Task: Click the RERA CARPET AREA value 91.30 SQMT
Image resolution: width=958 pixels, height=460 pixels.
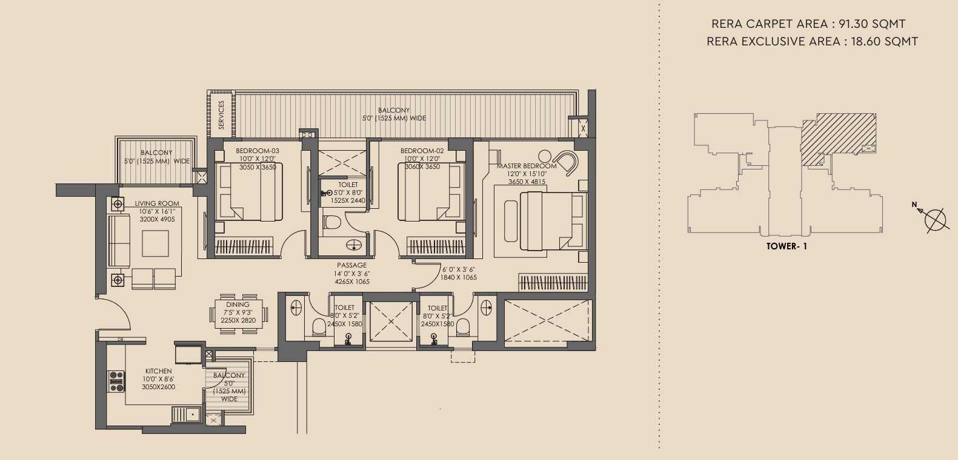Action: click(x=872, y=24)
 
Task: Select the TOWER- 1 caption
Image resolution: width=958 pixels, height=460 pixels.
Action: click(x=787, y=246)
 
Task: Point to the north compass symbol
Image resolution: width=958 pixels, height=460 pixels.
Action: click(x=933, y=218)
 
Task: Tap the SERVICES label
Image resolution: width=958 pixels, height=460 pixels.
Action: click(x=221, y=114)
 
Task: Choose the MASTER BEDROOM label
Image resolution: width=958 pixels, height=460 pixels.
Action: click(x=527, y=166)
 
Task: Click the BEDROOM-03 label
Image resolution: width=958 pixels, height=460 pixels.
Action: click(x=258, y=151)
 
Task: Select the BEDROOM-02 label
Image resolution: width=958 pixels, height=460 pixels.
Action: click(x=422, y=151)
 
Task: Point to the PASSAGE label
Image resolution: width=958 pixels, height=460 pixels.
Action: click(x=351, y=265)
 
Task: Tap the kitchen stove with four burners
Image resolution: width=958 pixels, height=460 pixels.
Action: click(x=116, y=381)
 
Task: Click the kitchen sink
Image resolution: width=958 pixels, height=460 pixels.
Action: click(x=187, y=414)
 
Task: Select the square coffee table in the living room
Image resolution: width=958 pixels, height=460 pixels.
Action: click(x=155, y=243)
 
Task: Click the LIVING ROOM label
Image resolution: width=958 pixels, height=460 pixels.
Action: click(x=157, y=204)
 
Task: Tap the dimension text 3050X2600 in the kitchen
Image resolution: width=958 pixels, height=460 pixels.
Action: click(x=158, y=387)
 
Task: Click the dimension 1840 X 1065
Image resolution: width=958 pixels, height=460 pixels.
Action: click(x=459, y=277)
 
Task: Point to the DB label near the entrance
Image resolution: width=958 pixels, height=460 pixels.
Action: click(x=120, y=340)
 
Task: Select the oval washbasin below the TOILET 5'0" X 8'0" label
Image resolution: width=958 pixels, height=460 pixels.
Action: click(x=354, y=245)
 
